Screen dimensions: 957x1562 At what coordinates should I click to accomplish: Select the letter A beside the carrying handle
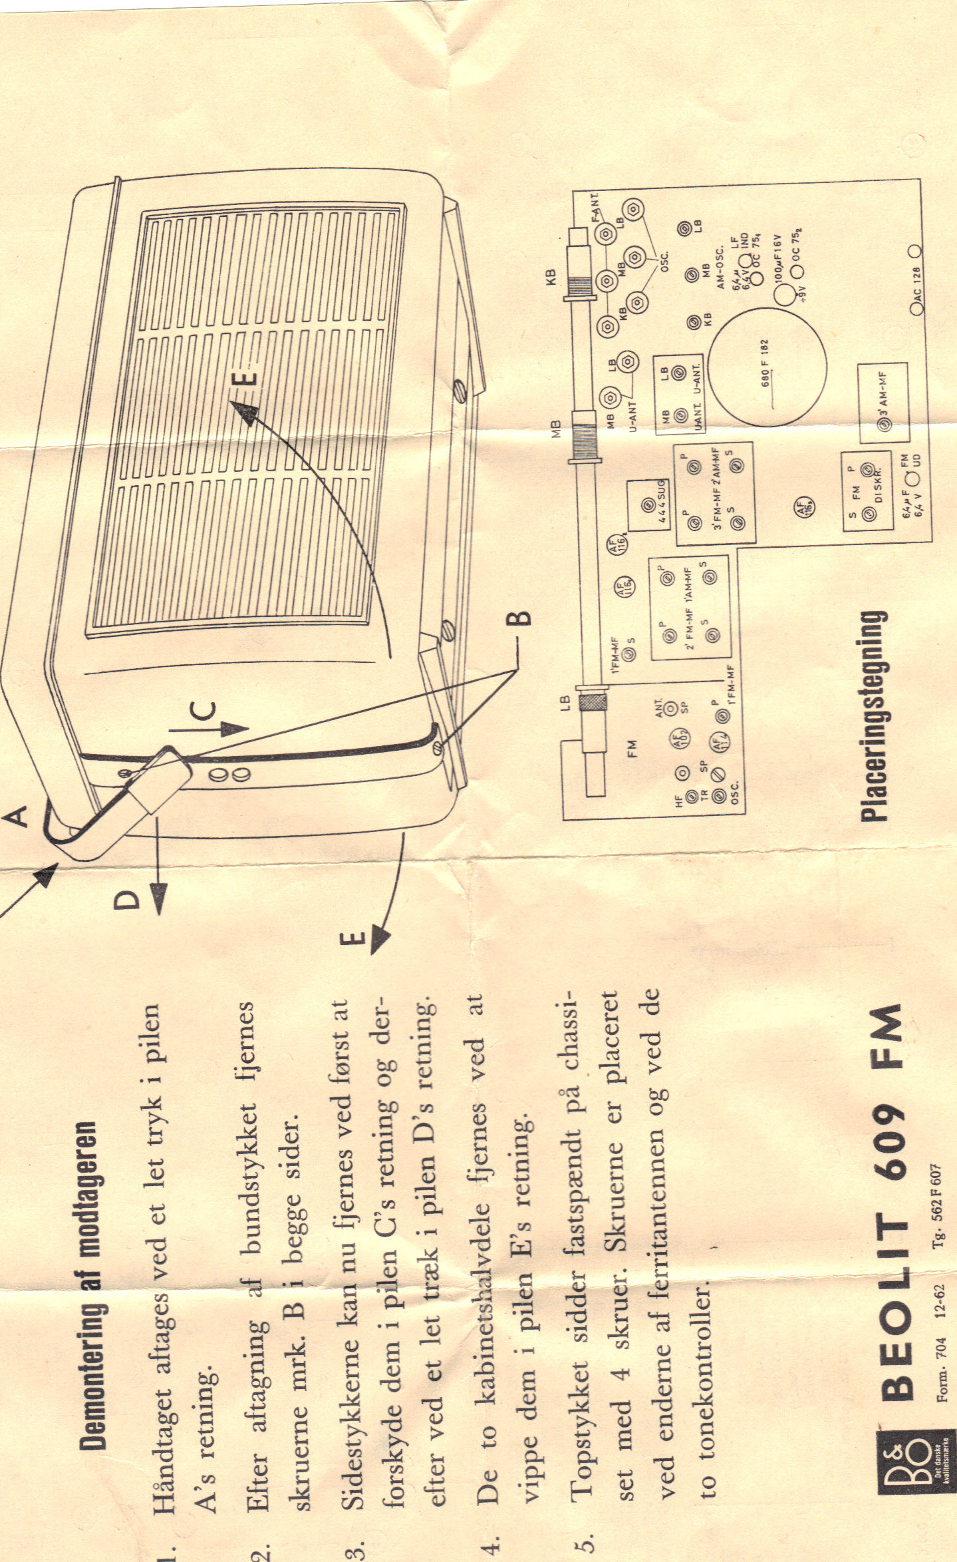tap(21, 815)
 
